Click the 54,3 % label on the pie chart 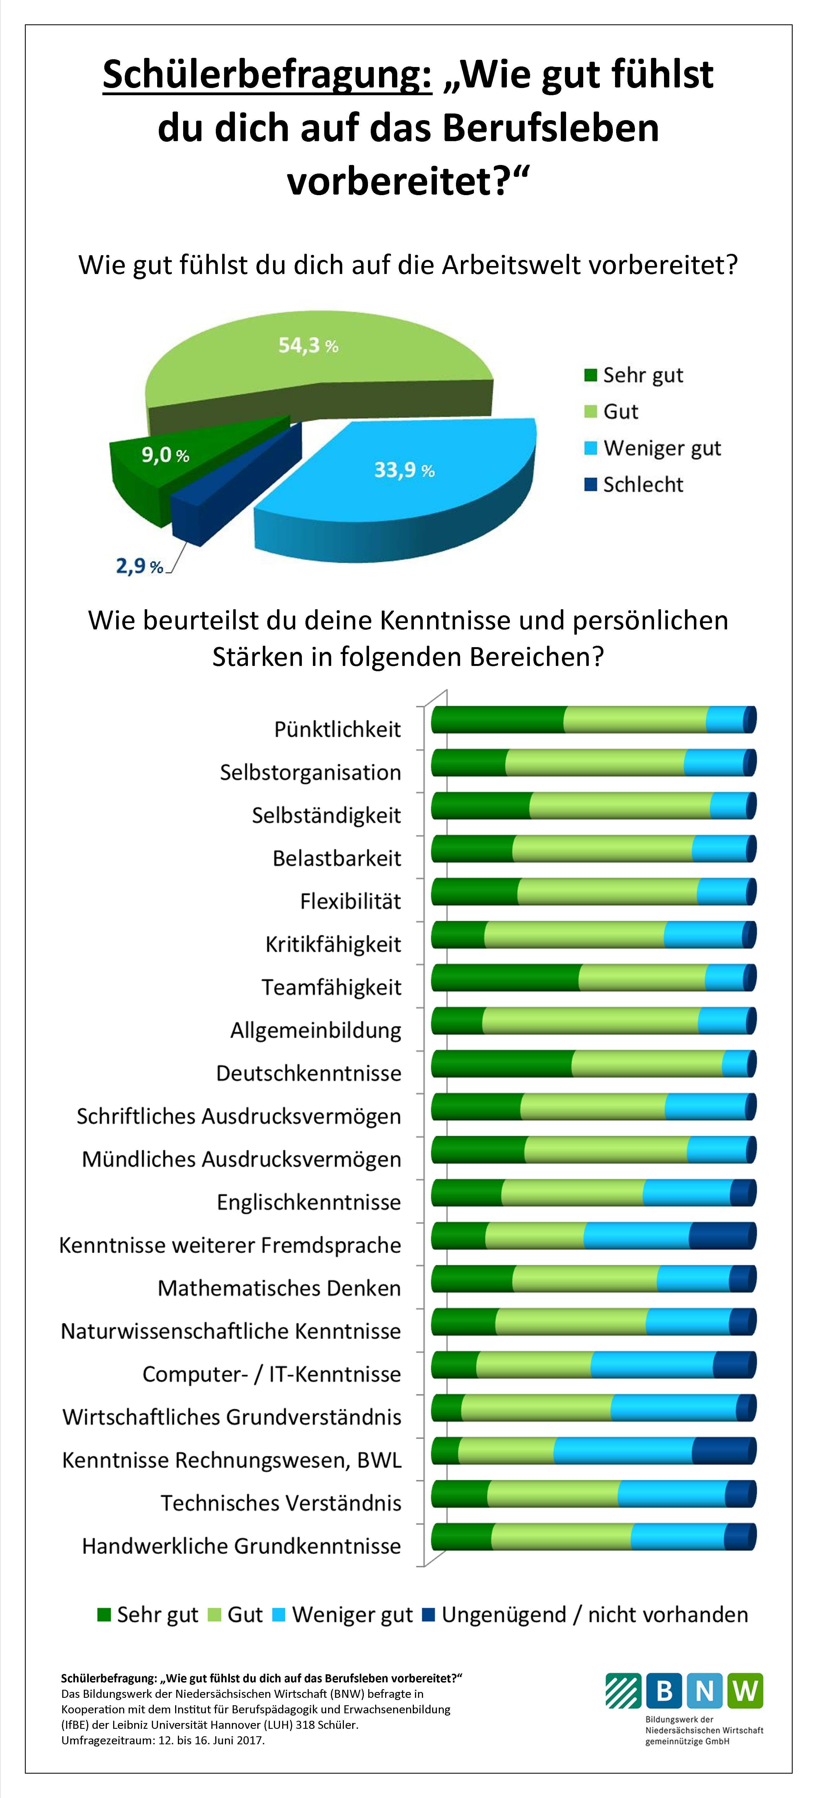pyautogui.click(x=308, y=345)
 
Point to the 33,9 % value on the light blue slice pyautogui.click(x=404, y=470)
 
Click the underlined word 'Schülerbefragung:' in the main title pyautogui.click(x=267, y=75)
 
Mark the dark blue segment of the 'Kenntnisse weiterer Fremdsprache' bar pyautogui.click(x=722, y=1235)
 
